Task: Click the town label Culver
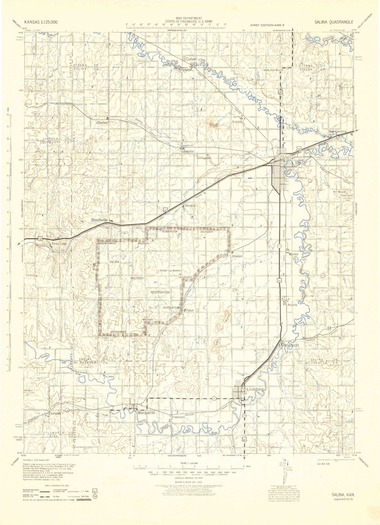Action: point(191,59)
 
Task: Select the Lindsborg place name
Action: point(255,389)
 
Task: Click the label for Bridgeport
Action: point(290,345)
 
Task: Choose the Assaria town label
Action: point(292,305)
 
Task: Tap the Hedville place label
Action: point(188,152)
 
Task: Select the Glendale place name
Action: point(102,123)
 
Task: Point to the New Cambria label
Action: point(338,131)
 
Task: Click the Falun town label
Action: point(190,310)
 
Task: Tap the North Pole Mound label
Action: point(273,70)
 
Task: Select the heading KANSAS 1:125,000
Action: point(41,22)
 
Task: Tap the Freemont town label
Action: point(178,417)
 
